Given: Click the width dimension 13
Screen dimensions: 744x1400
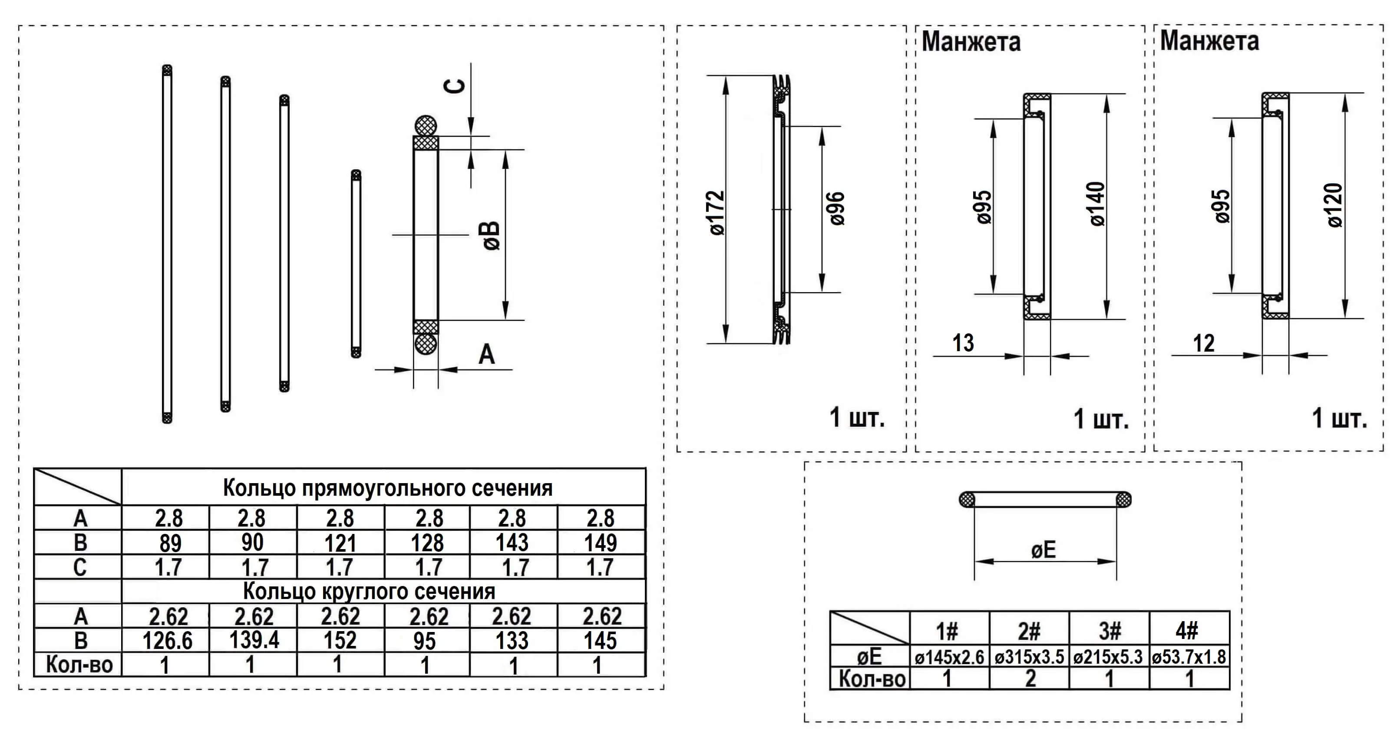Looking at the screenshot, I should pos(963,343).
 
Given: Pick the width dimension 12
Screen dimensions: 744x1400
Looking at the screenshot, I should pos(1203,343).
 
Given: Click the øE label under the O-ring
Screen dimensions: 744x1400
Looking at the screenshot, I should pos(1043,550).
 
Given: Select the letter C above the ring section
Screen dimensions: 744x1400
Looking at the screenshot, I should pos(456,86).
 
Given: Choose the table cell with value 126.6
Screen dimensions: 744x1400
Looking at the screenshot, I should pos(167,641).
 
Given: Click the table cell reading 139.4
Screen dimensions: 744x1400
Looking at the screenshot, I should pos(254,640).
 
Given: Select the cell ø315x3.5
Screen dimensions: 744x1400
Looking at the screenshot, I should pos(1029,658).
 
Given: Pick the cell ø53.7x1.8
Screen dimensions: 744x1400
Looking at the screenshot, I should pos(1189,658).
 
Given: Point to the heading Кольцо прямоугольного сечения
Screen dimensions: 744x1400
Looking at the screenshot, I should pos(387,488).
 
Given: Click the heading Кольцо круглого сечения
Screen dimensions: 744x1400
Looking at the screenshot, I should pos(369,591).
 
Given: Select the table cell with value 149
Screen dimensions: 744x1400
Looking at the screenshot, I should pos(601,543).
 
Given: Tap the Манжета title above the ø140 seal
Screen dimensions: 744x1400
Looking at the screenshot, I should pos(971,42).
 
